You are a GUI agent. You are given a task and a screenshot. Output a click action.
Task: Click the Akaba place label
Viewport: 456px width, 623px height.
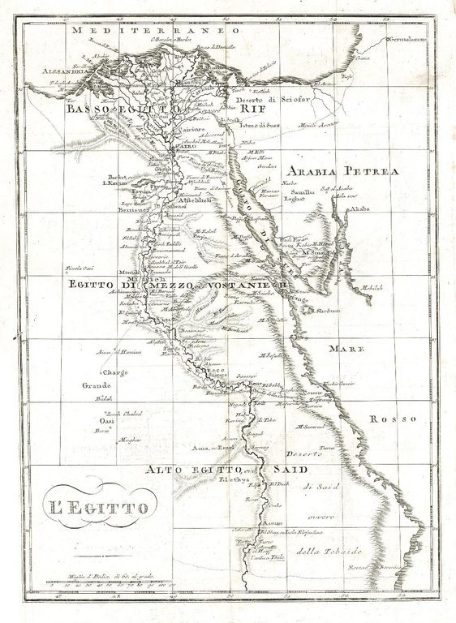tap(359, 209)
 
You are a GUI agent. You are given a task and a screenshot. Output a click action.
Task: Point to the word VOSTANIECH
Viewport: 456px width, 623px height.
tap(247, 286)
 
